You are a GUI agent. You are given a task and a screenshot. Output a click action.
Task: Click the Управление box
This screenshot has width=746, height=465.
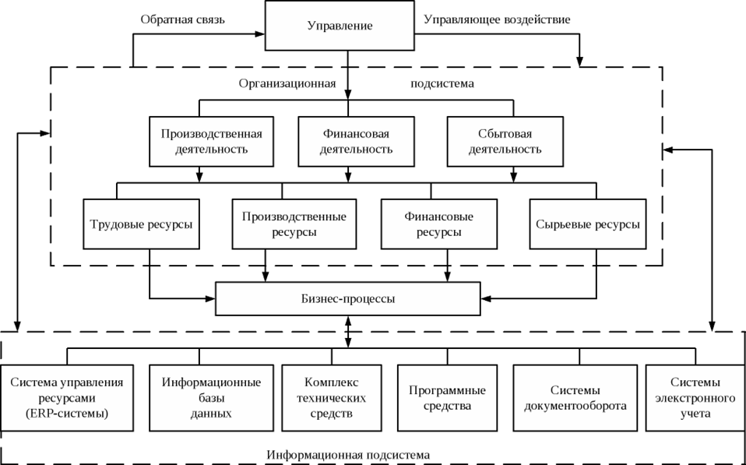(x=340, y=26)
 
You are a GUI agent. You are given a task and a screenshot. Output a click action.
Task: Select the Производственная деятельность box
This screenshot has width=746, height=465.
(x=212, y=141)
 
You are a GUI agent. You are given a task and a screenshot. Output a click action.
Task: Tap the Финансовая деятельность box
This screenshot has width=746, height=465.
(x=356, y=141)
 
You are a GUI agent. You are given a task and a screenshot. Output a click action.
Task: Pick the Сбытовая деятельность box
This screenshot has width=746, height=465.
(x=505, y=141)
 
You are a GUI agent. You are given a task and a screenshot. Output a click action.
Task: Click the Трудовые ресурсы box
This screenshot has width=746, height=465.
(x=141, y=224)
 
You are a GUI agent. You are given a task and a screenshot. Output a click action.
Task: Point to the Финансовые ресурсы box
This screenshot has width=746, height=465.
(x=438, y=224)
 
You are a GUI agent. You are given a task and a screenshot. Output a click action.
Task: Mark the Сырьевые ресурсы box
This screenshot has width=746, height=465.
(x=588, y=224)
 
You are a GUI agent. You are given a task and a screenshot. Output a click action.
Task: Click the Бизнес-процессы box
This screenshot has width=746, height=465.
(x=347, y=298)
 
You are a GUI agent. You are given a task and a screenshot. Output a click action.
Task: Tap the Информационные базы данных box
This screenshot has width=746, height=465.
(x=211, y=397)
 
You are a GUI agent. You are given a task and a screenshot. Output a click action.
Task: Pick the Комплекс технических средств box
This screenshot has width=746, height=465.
(x=331, y=397)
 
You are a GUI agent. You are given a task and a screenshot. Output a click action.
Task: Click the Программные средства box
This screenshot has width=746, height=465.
(x=447, y=397)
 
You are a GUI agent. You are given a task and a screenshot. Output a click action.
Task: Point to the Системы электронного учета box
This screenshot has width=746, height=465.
(x=694, y=397)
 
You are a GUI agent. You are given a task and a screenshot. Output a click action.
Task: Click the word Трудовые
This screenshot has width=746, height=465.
(x=117, y=224)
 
